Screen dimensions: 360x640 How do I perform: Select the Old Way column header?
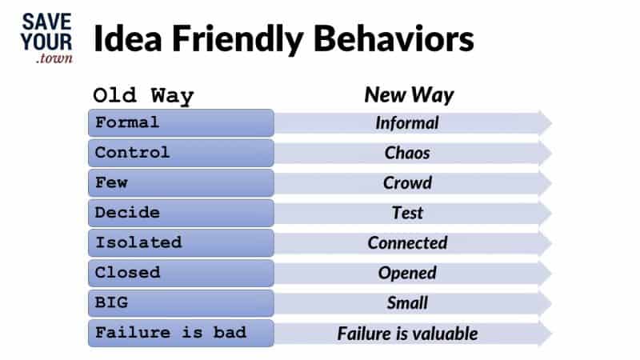click(143, 96)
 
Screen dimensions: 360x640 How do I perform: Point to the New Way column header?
click(409, 95)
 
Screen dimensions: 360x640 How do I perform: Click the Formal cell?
click(181, 123)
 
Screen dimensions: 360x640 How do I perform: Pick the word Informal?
click(407, 123)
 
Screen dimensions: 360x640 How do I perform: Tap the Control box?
click(181, 153)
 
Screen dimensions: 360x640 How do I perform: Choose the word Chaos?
click(407, 153)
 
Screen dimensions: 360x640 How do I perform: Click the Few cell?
click(181, 182)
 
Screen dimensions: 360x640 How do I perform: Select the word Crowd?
click(407, 182)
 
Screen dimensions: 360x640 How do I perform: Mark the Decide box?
click(181, 213)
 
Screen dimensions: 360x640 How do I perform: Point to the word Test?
click(407, 213)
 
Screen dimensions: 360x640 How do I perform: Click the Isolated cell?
click(181, 242)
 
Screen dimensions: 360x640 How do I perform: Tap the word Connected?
click(407, 242)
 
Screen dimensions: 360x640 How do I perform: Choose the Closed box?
click(181, 273)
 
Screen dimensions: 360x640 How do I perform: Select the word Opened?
click(407, 273)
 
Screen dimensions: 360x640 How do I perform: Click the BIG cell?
click(181, 302)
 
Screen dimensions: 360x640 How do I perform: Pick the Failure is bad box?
click(181, 333)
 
